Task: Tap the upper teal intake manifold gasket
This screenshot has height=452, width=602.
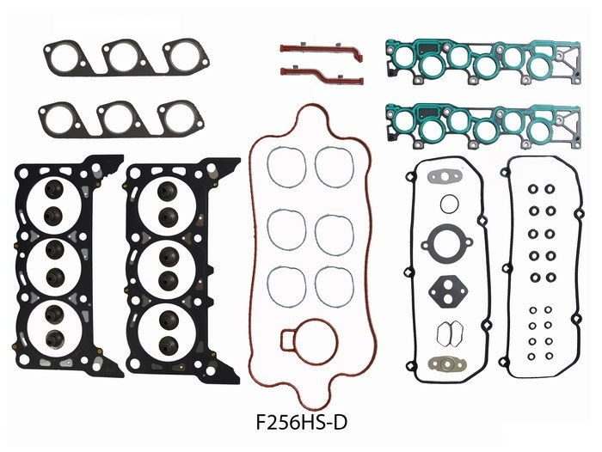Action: pyautogui.click(x=471, y=61)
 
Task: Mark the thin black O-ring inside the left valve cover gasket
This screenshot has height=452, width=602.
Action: pyautogui.click(x=449, y=204)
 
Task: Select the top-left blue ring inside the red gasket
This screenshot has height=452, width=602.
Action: pyautogui.click(x=285, y=167)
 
